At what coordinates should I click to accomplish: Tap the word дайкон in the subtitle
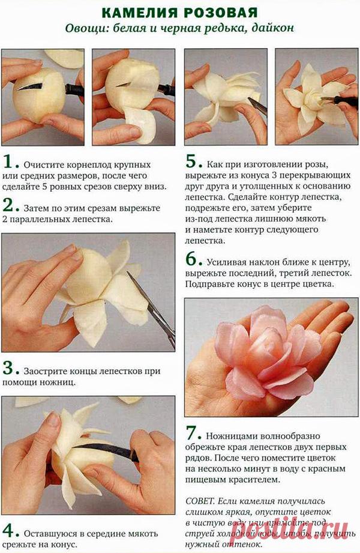click(275, 28)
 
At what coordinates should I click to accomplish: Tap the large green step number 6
click(191, 260)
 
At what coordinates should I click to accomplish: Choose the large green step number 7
click(191, 434)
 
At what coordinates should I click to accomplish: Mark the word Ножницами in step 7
click(233, 436)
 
